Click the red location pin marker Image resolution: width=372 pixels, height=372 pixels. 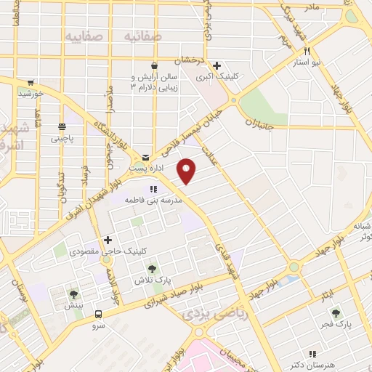click(x=187, y=171)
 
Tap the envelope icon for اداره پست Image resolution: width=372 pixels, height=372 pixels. click(x=146, y=157)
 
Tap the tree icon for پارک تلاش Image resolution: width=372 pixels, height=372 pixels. click(x=153, y=269)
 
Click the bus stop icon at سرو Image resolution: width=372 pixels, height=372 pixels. click(x=98, y=314)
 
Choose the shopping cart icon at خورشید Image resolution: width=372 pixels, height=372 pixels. click(x=31, y=83)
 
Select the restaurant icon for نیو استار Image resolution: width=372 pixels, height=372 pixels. click(x=308, y=52)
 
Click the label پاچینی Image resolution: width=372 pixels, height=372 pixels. click(x=56, y=137)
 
